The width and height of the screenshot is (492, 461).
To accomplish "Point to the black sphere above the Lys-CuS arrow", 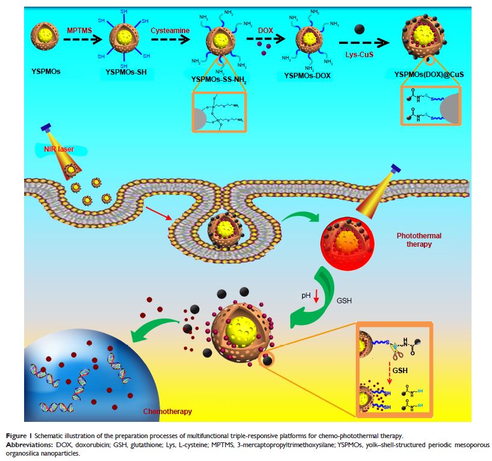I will [360, 29].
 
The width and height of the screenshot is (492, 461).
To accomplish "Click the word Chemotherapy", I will [168, 412].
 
